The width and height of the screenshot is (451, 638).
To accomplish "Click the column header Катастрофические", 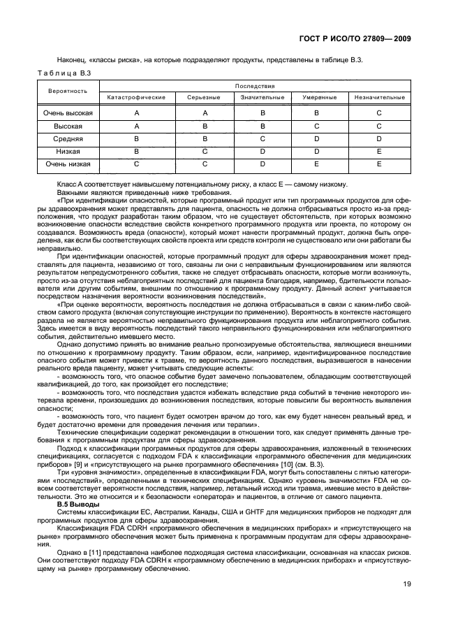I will point(137,97).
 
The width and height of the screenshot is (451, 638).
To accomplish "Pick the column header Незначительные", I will point(379,97).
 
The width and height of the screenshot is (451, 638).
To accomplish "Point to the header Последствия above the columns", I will point(256,85).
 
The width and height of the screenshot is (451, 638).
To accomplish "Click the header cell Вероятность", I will point(68,91).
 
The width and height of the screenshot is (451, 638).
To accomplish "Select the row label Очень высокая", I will point(68,113).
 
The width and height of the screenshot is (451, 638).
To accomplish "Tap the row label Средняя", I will point(68,138).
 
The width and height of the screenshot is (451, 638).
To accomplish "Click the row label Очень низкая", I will point(68,164).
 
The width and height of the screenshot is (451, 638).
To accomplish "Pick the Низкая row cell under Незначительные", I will point(379,151).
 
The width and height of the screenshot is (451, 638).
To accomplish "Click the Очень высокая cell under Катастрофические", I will point(137,113).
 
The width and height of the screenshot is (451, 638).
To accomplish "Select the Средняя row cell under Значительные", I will point(263,138).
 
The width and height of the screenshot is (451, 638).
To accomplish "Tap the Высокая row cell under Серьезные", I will point(205,126).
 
